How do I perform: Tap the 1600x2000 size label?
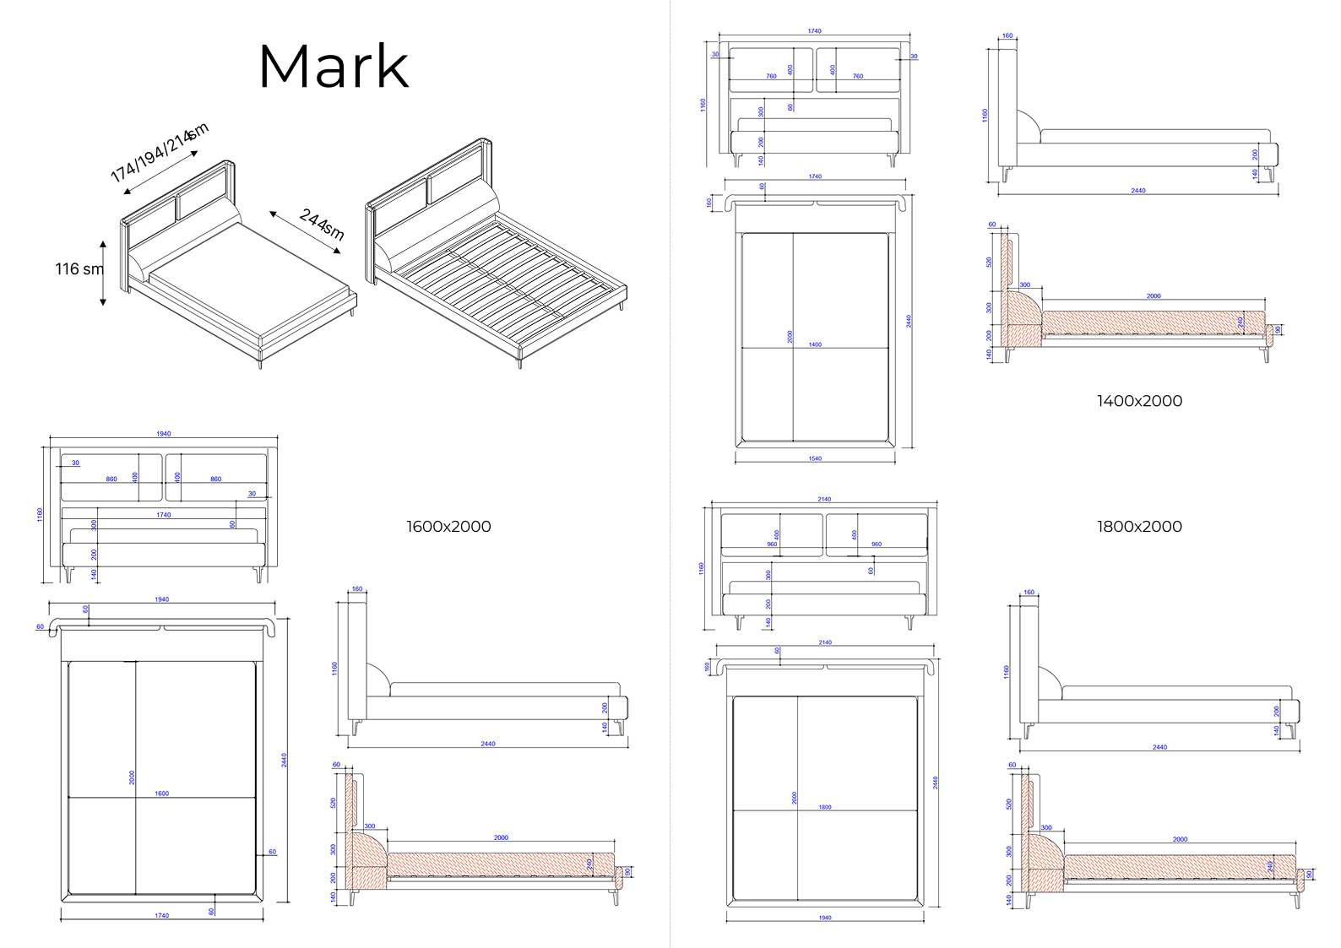(448, 527)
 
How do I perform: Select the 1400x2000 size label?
(1139, 401)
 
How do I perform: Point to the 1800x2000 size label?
(1139, 527)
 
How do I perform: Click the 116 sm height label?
(79, 269)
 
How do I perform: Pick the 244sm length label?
(322, 225)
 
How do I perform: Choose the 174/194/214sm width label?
(159, 153)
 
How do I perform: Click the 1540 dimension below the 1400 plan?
(815, 458)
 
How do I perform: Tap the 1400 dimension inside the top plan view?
(815, 344)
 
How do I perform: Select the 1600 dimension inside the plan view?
(161, 794)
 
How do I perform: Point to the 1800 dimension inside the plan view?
(825, 807)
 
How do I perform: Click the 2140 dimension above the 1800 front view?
(824, 499)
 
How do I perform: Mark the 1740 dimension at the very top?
(814, 31)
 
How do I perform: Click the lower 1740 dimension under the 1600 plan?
(161, 915)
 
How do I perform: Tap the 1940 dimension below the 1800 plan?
(824, 918)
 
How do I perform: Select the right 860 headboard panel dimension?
(216, 479)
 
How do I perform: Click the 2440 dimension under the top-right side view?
(1138, 191)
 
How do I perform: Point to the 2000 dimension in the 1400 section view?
(1154, 296)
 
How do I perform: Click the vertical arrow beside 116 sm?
(103, 272)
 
